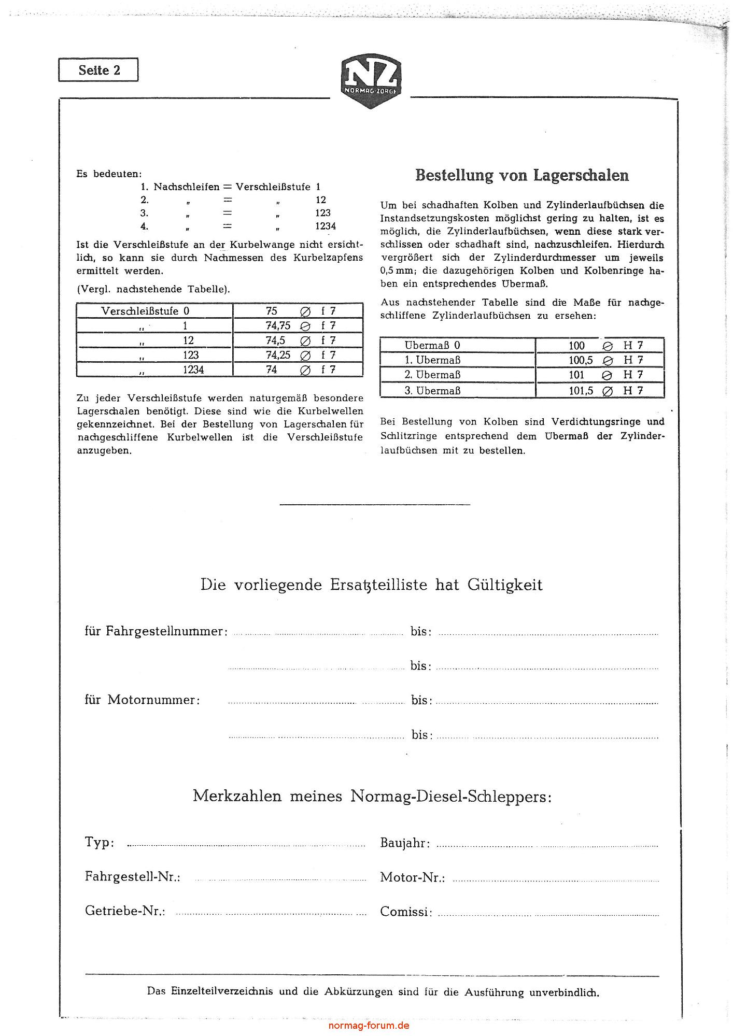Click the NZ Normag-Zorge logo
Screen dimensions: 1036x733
(x=370, y=82)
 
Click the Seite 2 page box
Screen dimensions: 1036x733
(x=98, y=70)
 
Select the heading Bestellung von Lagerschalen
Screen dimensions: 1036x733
(x=522, y=175)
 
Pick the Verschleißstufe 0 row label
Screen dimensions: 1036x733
(x=145, y=311)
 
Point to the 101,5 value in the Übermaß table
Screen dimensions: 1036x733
(x=581, y=390)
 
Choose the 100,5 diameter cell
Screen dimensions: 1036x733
(x=581, y=360)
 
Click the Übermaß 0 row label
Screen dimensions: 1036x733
(x=432, y=345)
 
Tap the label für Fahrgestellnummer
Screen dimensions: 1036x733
(x=156, y=631)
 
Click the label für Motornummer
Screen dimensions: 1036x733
(x=142, y=700)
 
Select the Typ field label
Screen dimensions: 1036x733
(x=100, y=842)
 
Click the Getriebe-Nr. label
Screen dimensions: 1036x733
(x=125, y=911)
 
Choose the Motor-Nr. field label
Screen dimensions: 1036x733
(x=412, y=877)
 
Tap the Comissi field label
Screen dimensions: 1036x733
(x=406, y=911)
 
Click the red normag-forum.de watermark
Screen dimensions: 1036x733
(x=369, y=1025)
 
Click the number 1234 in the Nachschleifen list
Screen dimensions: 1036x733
(x=326, y=226)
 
